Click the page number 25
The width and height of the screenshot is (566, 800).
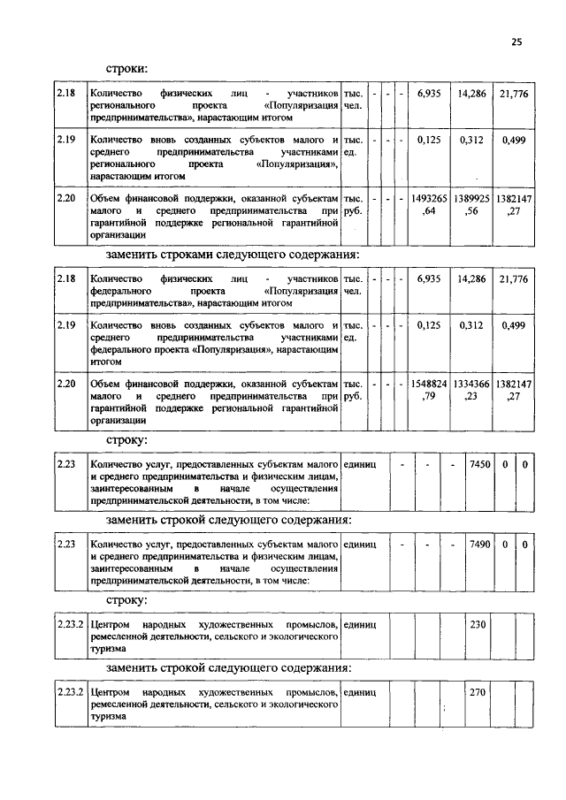(x=516, y=41)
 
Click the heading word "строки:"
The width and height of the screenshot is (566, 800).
(x=127, y=68)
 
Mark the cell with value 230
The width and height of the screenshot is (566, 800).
(x=478, y=624)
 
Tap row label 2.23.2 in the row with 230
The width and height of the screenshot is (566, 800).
(x=70, y=624)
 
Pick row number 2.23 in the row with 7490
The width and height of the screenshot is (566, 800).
(x=65, y=545)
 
